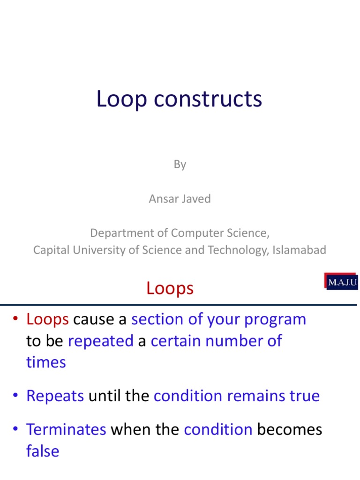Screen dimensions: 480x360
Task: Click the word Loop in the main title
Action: [x=121, y=100]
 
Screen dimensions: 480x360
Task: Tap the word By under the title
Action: [x=180, y=165]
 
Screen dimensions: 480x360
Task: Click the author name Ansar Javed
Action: [x=180, y=199]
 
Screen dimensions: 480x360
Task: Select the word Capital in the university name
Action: [x=49, y=250]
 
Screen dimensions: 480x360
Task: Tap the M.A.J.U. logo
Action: [x=341, y=282]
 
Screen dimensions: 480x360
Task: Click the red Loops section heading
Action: [x=170, y=288]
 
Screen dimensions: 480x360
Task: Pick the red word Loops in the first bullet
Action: [x=48, y=319]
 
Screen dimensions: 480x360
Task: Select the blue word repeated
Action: [x=101, y=341]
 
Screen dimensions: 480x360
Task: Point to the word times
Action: [x=46, y=362]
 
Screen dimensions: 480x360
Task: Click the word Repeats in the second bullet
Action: [x=55, y=396]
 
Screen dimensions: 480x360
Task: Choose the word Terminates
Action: [x=66, y=430]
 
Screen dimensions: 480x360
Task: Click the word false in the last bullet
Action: [x=43, y=451]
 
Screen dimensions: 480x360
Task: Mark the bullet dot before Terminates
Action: [x=16, y=430]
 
